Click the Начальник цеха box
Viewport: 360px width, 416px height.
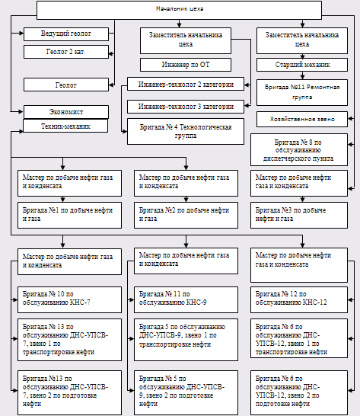179,10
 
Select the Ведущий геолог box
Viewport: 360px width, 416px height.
66,34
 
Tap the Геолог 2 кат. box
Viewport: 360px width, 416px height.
66,52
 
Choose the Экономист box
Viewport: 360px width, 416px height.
66,112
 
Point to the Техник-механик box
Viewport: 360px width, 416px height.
65,126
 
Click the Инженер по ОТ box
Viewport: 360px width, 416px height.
186,65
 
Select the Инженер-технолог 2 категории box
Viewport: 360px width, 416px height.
186,84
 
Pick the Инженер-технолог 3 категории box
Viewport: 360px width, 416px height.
186,107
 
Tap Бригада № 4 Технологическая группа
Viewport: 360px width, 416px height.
186,131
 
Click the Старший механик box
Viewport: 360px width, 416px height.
302,65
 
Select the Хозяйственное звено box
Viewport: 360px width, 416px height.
302,119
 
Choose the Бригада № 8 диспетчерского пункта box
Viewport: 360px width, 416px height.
299,150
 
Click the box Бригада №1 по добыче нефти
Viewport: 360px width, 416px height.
69,215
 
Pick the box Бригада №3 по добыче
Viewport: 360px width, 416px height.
299,215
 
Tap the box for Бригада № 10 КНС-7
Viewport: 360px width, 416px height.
69,299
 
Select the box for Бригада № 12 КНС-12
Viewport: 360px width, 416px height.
299,299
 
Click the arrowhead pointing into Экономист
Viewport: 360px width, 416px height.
21,112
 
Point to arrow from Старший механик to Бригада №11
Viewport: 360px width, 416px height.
302,75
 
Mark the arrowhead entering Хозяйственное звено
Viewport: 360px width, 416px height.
350,119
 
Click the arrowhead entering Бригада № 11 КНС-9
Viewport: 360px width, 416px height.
131,299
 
